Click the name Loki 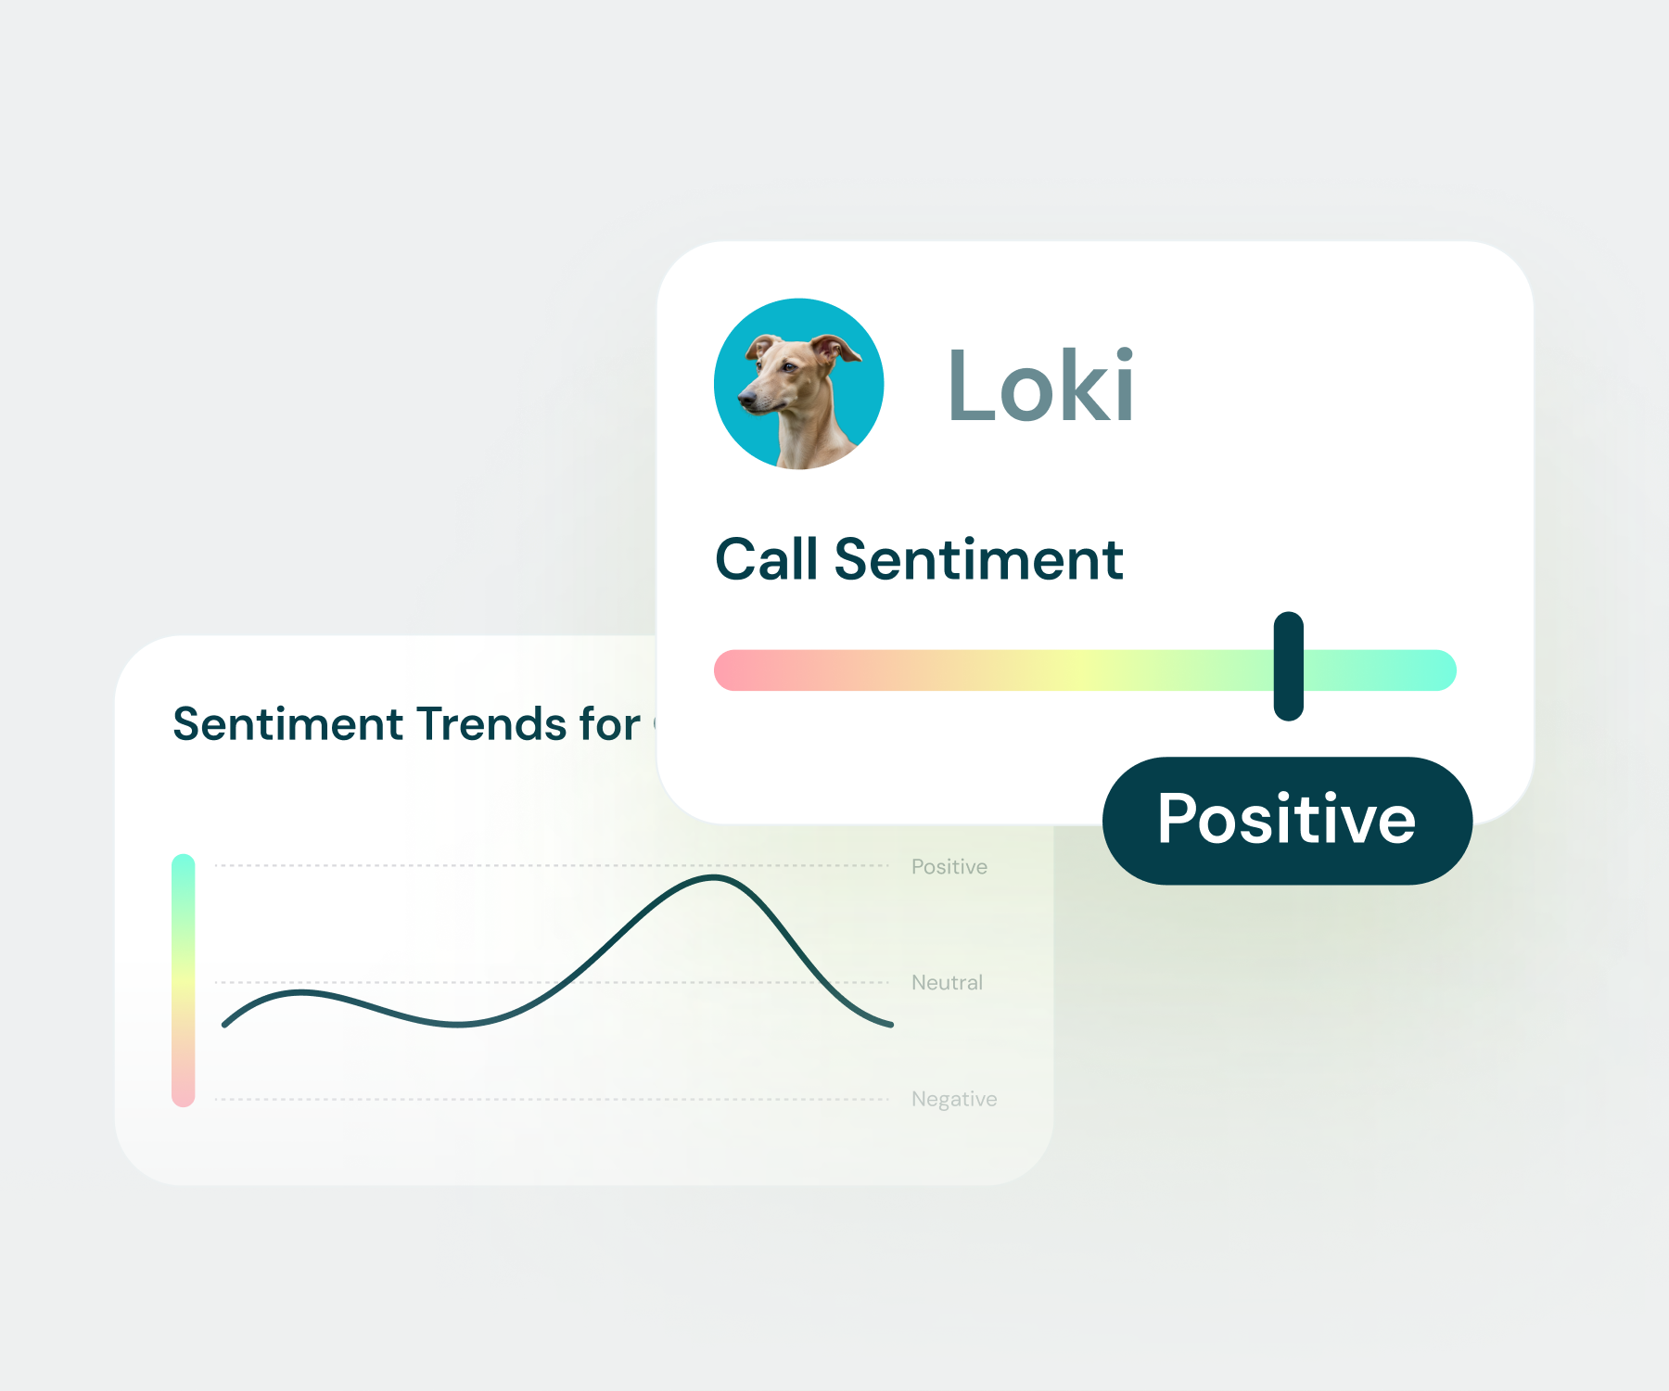click(1040, 385)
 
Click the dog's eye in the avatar click(788, 367)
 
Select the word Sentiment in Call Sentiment click(978, 559)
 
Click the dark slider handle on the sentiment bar click(1289, 666)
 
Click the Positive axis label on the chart click(949, 867)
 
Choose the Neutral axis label click(947, 983)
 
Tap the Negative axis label click(954, 1100)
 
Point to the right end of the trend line click(891, 1025)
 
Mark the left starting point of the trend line click(224, 1025)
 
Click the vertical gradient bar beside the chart click(184, 980)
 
